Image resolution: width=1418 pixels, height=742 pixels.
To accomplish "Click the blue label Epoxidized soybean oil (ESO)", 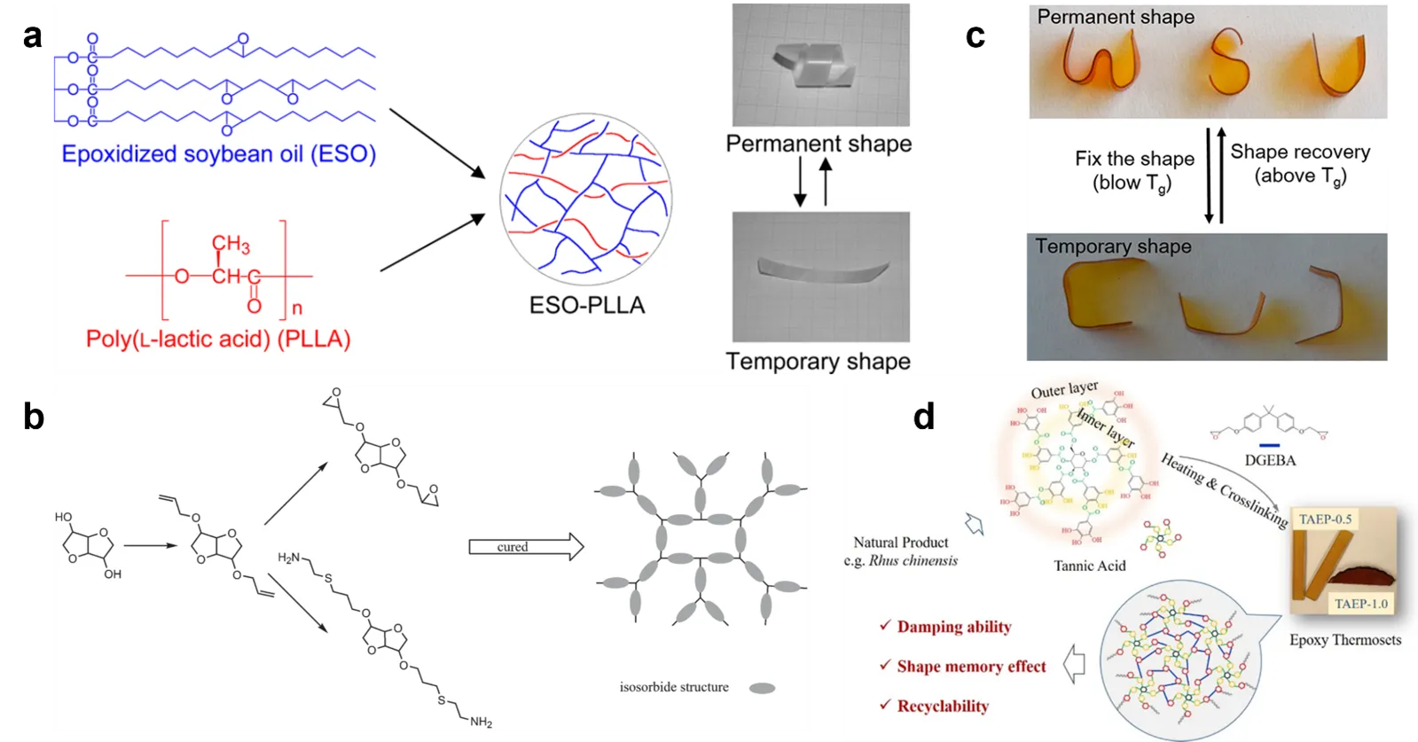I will click(218, 154).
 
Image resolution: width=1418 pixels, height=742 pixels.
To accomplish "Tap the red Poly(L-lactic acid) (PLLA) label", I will click(218, 339).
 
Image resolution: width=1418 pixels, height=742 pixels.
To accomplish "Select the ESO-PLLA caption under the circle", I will click(587, 305).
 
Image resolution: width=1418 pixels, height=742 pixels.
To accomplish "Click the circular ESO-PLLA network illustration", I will click(585, 199).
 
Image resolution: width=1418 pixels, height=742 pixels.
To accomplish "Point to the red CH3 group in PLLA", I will click(231, 244).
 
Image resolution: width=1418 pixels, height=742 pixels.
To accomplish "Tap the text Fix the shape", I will click(1134, 159).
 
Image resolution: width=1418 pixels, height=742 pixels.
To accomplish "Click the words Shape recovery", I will click(1300, 152).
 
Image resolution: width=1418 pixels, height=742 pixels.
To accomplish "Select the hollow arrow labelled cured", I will click(525, 547).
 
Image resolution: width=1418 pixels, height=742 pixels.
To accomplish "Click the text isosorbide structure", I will click(674, 687).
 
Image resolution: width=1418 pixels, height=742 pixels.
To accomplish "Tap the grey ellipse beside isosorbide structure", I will click(762, 688).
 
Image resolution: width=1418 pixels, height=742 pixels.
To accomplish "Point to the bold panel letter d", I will click(924, 416).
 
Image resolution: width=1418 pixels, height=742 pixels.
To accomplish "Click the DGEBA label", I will click(1270, 460).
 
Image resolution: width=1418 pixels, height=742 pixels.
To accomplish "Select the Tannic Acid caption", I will click(1089, 566).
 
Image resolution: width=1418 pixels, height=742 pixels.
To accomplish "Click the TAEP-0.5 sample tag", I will click(1325, 519).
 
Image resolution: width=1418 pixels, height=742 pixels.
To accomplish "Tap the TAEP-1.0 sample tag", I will click(1361, 604).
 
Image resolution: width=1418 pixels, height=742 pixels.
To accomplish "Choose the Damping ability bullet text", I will click(953, 627).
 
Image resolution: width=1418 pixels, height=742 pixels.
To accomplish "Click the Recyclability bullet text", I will click(943, 706).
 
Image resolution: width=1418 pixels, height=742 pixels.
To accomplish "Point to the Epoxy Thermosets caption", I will click(1344, 639).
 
